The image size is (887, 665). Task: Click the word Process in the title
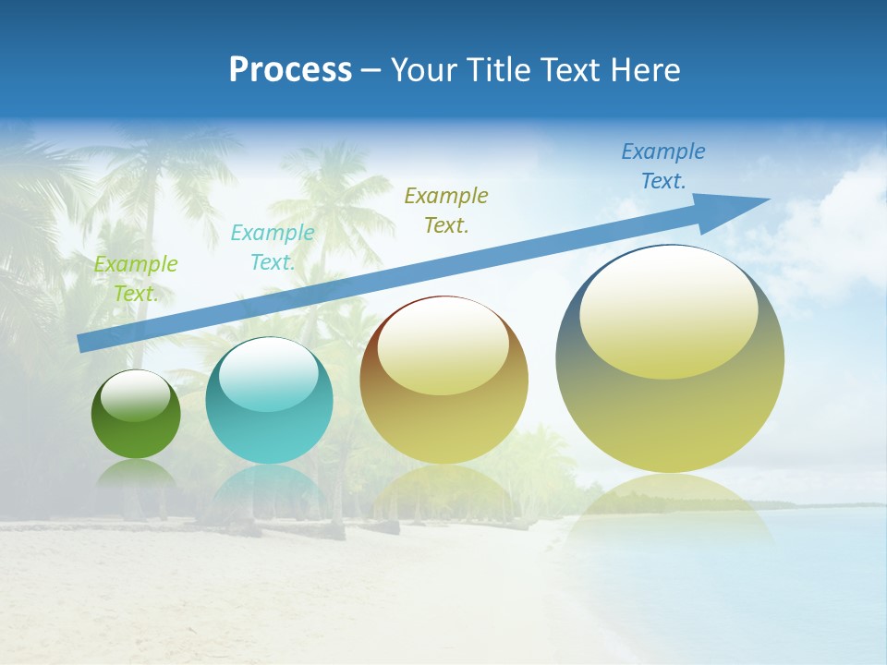[x=290, y=70]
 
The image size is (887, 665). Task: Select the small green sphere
[x=136, y=415]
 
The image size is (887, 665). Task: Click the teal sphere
[x=269, y=401]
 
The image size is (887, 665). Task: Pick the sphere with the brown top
[x=443, y=380]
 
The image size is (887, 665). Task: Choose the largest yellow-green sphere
[x=670, y=358]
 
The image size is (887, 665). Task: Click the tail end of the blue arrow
[x=82, y=344]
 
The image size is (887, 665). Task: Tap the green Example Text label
[x=136, y=279]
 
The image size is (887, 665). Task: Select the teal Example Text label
[x=272, y=248]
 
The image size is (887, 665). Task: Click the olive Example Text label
[x=446, y=210]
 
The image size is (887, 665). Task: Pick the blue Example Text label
[x=662, y=166]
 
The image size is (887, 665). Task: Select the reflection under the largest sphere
[x=670, y=508]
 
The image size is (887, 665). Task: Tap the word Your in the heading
[x=422, y=70]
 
